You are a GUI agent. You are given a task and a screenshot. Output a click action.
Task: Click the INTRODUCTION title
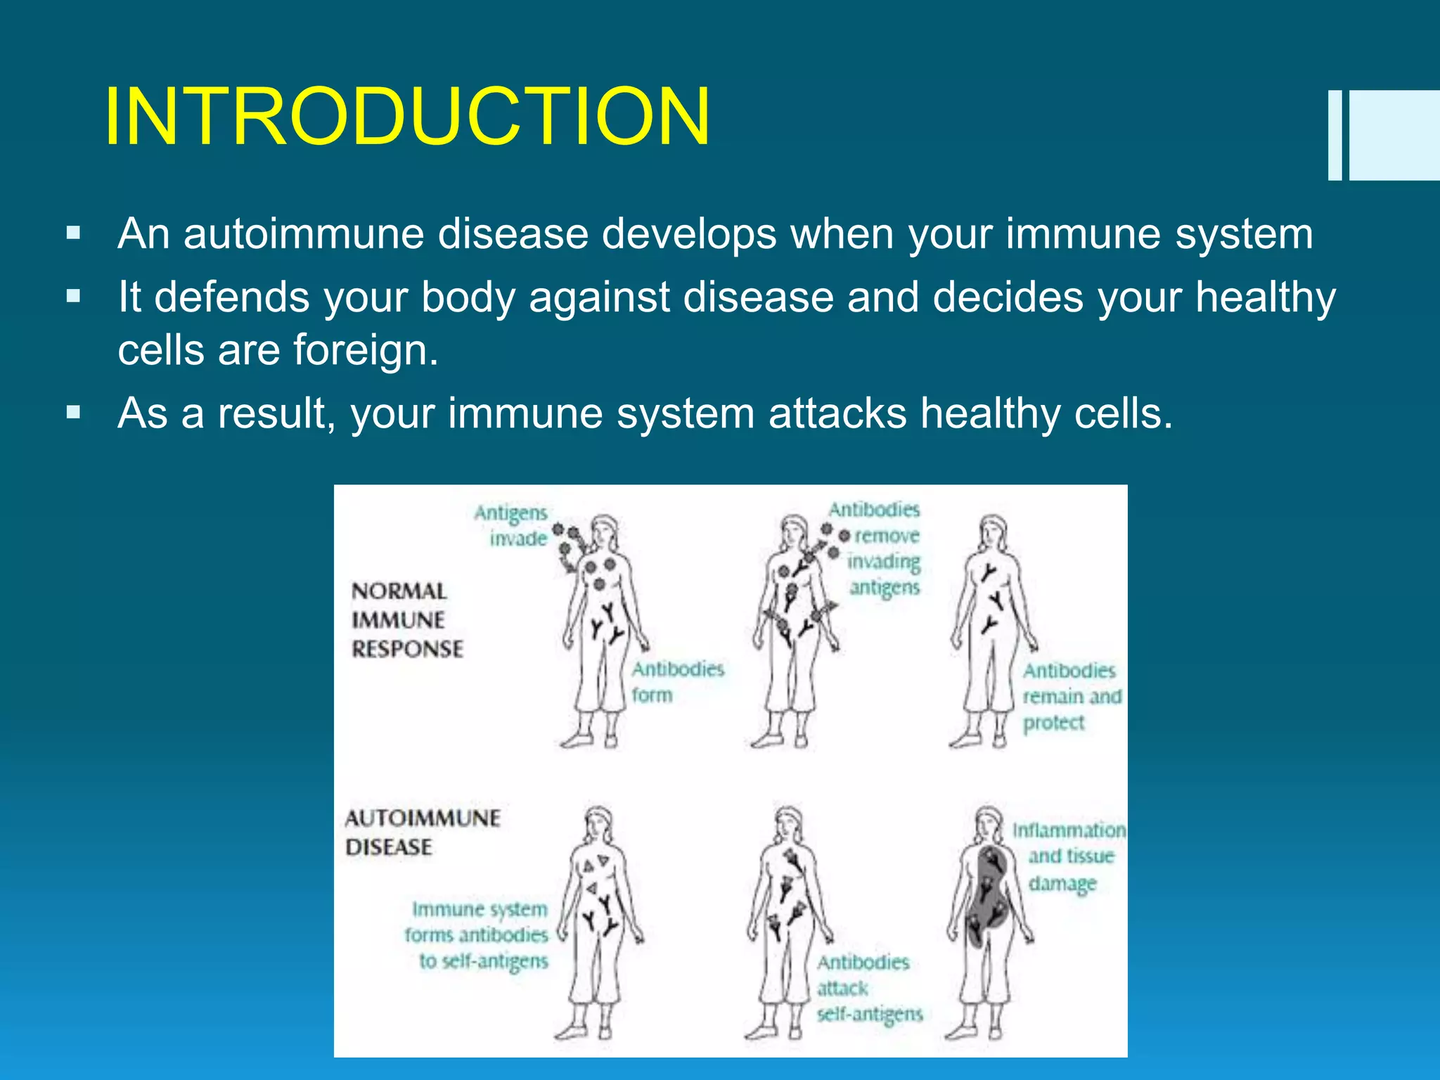[406, 117]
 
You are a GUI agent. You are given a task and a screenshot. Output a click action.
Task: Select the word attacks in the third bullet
[837, 413]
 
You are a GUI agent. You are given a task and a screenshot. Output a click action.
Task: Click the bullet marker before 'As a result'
[73, 412]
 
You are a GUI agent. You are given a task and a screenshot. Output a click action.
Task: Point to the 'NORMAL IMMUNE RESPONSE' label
[406, 619]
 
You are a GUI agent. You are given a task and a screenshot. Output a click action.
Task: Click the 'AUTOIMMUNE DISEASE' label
[422, 832]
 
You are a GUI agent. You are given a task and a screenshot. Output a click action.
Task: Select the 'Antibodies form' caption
[676, 681]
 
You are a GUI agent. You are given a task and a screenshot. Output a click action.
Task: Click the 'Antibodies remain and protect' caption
[1070, 696]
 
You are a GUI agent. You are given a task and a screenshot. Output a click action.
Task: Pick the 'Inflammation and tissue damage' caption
[1069, 856]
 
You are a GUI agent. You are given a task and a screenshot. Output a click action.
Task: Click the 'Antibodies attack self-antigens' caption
[868, 988]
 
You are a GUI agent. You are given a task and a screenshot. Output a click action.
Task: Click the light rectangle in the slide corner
[1394, 135]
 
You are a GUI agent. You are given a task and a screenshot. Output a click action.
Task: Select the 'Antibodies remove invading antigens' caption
[879, 548]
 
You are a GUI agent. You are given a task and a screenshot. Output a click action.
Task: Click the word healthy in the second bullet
[1266, 297]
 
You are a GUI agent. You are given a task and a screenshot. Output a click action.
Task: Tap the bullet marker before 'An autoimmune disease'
[73, 233]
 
